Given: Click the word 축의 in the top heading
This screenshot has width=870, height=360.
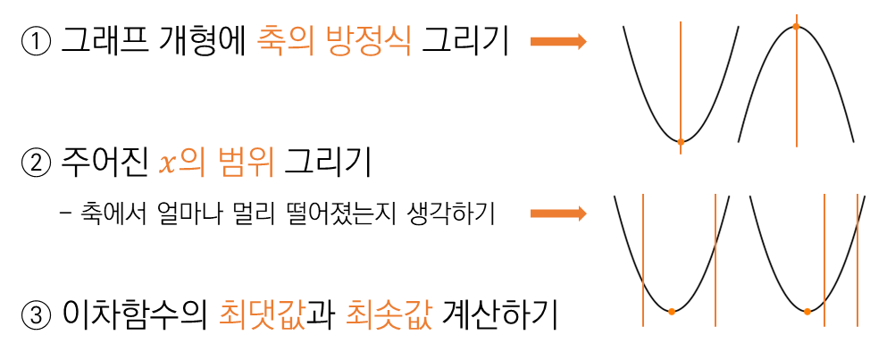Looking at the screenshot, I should [x=285, y=41].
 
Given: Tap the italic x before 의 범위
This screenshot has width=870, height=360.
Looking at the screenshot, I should [x=166, y=164].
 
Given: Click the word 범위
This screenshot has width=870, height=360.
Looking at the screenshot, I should [x=246, y=163].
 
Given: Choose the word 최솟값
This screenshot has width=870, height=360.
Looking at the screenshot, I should [x=389, y=315].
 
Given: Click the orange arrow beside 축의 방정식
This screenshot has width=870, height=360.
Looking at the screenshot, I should [x=558, y=41].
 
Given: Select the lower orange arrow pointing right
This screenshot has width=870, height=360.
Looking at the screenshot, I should [x=558, y=213].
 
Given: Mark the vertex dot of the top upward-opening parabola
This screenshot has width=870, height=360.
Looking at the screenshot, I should [x=681, y=141].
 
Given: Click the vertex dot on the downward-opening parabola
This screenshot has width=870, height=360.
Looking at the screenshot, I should [x=796, y=27].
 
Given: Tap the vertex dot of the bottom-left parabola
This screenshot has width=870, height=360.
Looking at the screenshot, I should [x=671, y=311].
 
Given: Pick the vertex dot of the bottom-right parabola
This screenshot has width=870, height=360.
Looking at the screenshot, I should [x=807, y=311].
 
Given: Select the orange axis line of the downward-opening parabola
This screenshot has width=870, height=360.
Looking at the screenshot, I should [x=796, y=89].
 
